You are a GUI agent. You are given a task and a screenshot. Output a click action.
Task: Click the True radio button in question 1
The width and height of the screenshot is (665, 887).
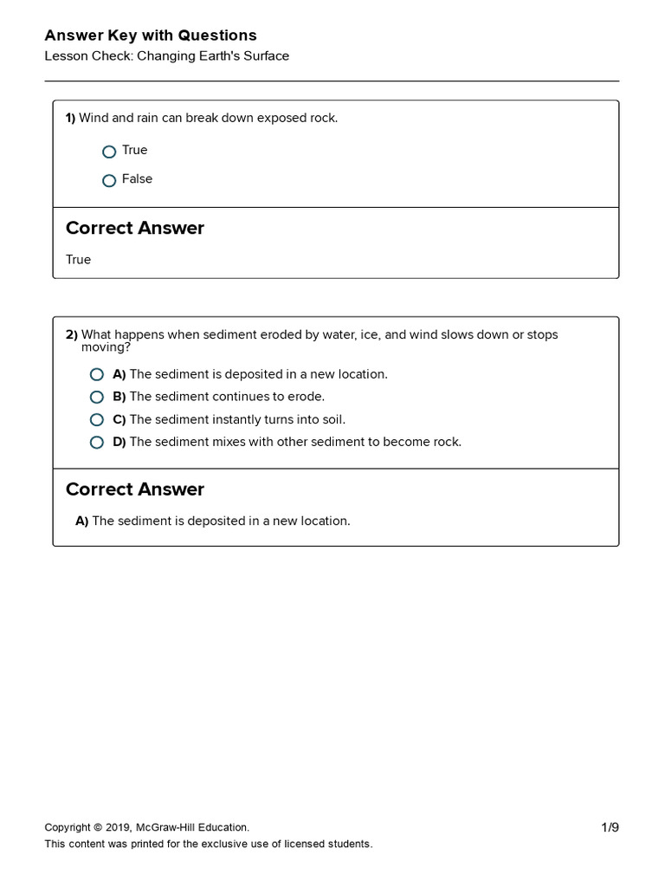coord(109,152)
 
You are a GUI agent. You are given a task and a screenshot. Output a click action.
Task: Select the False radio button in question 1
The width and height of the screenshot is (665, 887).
coord(109,180)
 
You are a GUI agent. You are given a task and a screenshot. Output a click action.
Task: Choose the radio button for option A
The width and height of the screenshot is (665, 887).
coord(97,375)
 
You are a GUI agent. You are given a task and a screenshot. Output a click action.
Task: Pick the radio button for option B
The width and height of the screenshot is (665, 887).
coord(97,398)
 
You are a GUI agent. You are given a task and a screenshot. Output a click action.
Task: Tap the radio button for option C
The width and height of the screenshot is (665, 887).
coord(97,420)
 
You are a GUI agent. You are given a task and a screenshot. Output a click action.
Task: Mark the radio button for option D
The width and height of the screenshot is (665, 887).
coord(97,443)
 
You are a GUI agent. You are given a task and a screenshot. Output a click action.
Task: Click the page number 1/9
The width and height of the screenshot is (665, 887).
coord(610,827)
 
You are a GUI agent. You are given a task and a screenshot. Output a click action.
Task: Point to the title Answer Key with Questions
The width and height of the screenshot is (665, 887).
coord(151,36)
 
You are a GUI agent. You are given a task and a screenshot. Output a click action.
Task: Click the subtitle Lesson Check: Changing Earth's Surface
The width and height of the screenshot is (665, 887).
coord(167,56)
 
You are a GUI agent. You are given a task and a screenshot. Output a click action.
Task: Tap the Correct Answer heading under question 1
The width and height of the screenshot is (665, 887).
coord(135,229)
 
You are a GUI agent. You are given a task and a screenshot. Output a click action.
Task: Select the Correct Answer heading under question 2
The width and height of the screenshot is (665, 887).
coord(135,489)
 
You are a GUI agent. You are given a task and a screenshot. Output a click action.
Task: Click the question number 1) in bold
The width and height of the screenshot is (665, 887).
coord(71,118)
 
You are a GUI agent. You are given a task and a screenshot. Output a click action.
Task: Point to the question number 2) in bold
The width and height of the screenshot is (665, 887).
coord(72,334)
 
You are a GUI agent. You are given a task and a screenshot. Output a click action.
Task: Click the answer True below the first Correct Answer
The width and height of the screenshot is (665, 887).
coord(78,260)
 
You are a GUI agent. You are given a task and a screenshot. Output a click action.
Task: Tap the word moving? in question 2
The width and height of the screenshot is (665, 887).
coord(106,347)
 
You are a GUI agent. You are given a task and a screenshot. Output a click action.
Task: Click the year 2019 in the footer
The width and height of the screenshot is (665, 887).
coord(118,827)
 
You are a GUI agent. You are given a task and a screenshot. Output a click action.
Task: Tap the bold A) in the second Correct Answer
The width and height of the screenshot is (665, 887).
coord(82,521)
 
